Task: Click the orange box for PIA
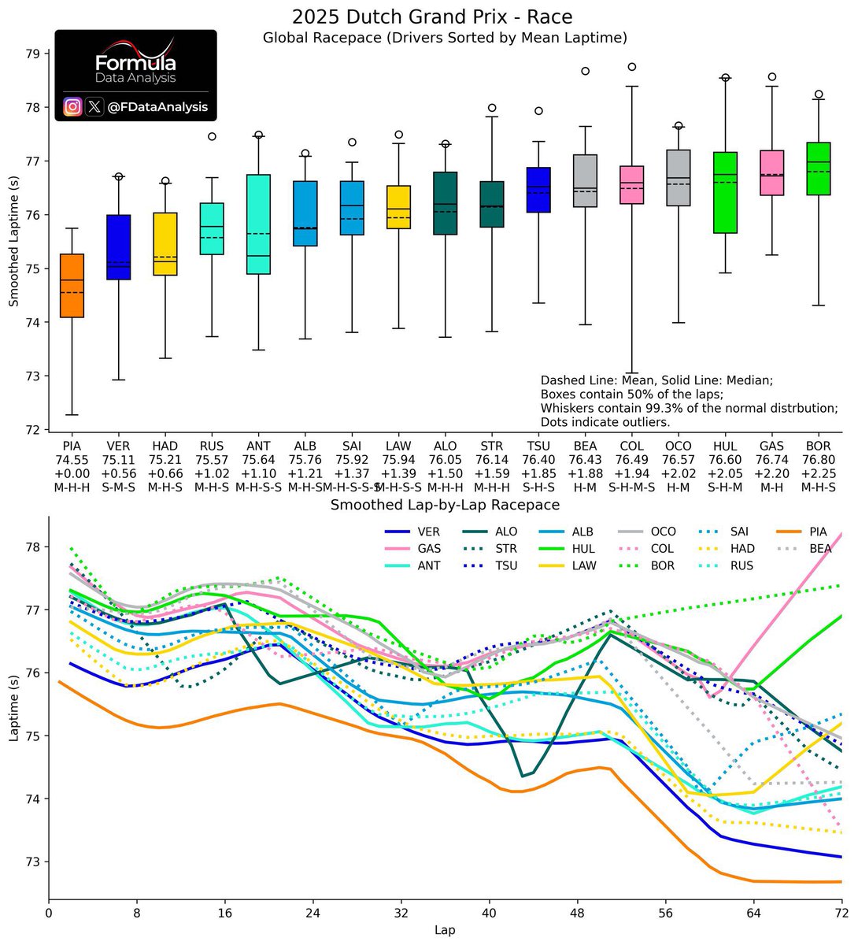point(72,285)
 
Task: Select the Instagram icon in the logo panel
point(72,106)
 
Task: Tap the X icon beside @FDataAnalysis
point(94,106)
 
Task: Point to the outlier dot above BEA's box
point(586,71)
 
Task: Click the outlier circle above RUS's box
point(212,136)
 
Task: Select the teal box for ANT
point(258,224)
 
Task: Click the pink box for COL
point(632,185)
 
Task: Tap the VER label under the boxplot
point(118,447)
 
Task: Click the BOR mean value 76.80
point(818,460)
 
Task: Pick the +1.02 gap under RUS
point(212,474)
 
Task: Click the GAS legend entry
point(430,549)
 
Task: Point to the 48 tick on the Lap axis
point(578,913)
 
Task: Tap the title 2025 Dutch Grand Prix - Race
point(432,17)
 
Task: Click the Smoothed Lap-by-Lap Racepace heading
point(445,505)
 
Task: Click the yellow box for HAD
point(165,244)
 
